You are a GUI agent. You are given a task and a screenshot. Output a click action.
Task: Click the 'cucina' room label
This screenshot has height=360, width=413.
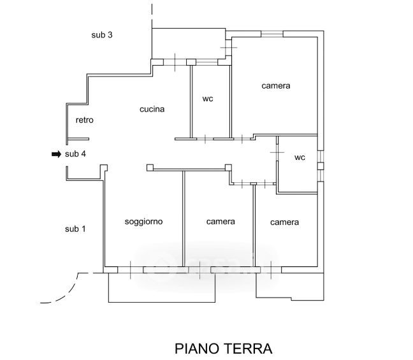click(152, 109)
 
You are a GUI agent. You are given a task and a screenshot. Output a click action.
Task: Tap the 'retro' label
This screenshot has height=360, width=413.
click(85, 120)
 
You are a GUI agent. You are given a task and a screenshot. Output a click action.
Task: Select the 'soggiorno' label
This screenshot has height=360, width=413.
click(143, 222)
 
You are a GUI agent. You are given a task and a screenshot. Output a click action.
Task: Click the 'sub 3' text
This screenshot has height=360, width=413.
click(102, 35)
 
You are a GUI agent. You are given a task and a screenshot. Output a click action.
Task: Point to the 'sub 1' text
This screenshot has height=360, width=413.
click(75, 229)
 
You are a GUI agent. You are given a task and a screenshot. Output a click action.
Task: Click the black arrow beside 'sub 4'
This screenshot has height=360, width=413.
click(56, 154)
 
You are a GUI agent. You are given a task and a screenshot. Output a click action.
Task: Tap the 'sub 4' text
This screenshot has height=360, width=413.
click(75, 154)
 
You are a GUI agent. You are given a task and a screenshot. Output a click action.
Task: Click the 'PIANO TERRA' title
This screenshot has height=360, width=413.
click(223, 349)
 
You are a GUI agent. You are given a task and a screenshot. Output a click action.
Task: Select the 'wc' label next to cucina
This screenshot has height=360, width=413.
click(208, 99)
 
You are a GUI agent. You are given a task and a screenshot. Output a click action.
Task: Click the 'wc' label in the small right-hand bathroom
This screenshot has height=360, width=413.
click(300, 158)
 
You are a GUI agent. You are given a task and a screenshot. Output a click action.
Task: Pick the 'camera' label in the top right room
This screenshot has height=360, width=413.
click(276, 85)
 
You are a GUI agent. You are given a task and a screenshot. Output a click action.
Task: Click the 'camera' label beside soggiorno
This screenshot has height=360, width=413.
click(221, 222)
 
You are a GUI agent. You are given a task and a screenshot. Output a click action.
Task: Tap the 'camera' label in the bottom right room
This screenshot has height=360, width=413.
click(284, 222)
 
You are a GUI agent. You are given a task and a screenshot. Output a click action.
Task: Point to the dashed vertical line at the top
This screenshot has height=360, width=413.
click(152, 14)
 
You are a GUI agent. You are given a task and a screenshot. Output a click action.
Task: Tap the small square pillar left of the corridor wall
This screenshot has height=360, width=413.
click(150, 168)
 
